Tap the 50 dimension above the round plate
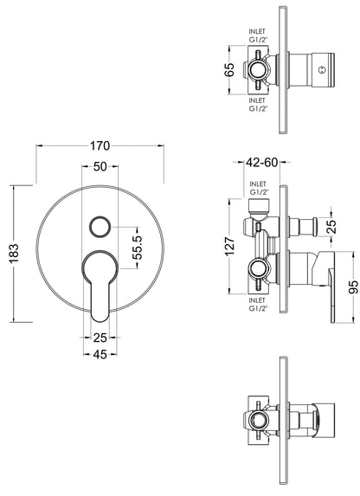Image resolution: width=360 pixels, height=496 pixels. [100, 165]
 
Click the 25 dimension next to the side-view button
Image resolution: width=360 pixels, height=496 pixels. [331, 227]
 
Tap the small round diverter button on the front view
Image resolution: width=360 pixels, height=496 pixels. [100, 227]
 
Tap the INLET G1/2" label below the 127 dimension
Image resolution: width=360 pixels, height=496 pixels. [258, 303]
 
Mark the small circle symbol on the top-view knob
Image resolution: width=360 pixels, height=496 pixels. [323, 70]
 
